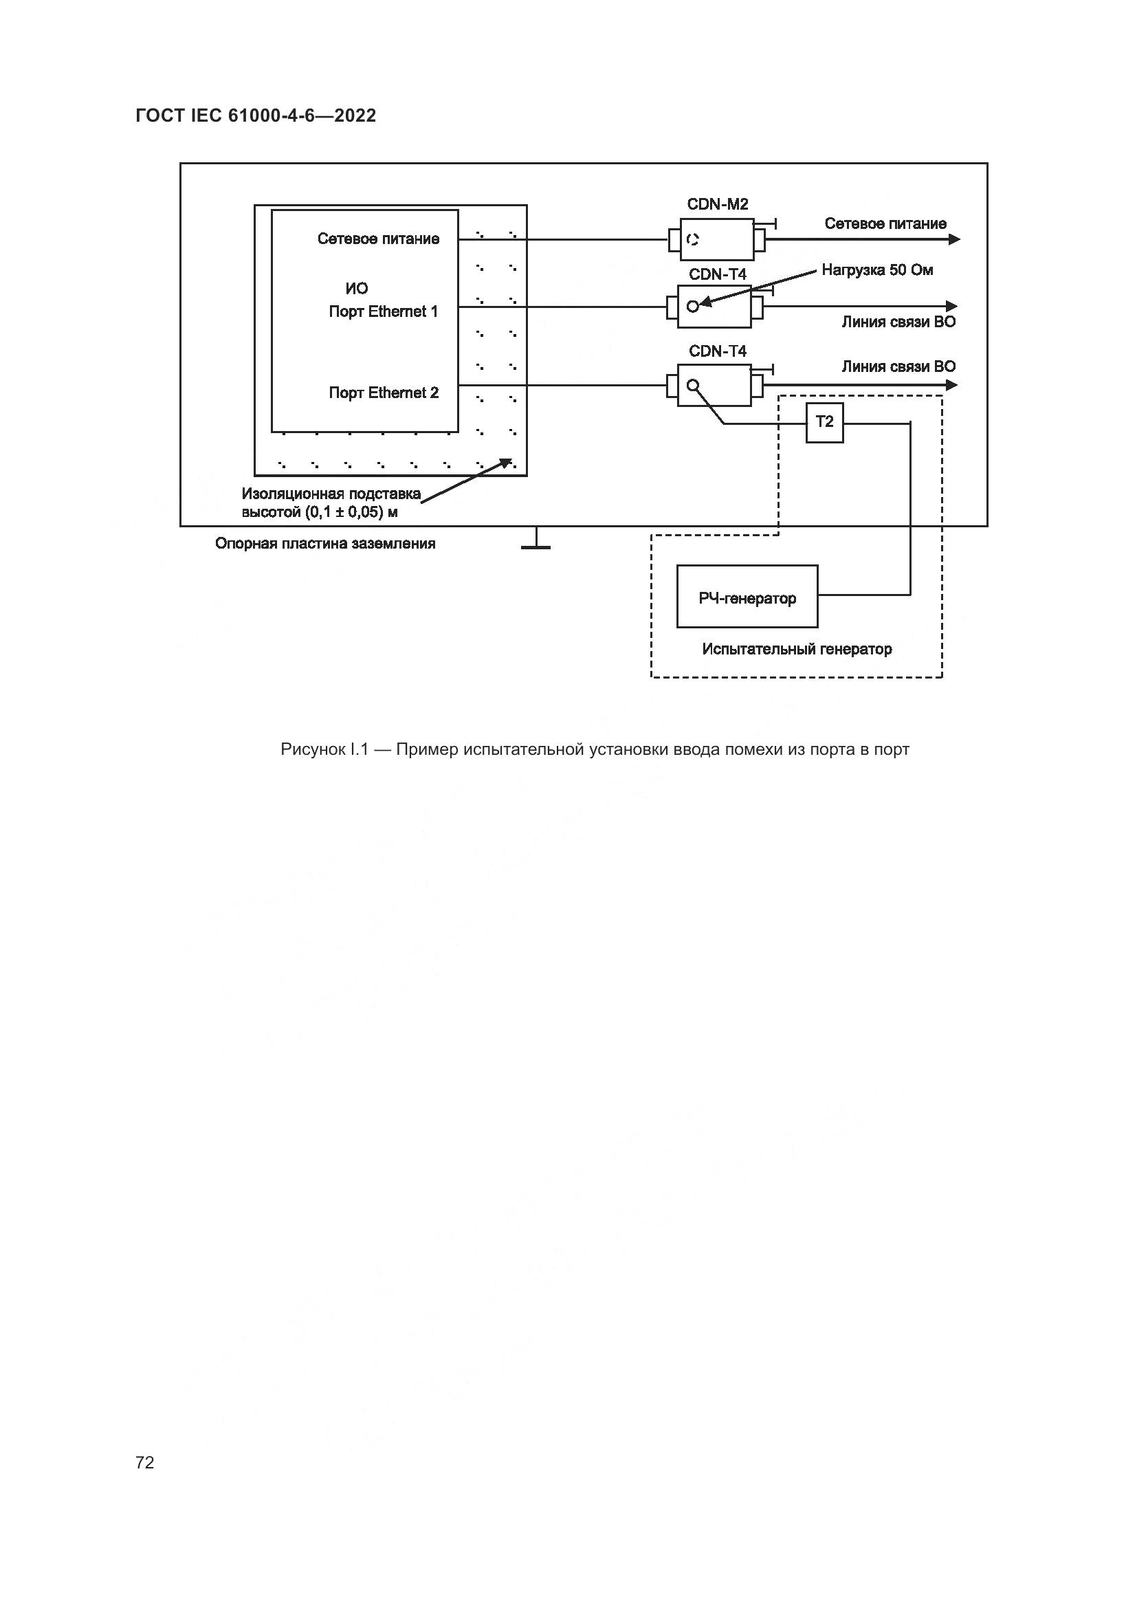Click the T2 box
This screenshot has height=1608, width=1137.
(824, 421)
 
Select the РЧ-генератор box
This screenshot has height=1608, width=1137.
(747, 597)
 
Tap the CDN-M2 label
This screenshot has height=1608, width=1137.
(717, 204)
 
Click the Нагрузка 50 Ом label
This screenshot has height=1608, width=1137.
(876, 270)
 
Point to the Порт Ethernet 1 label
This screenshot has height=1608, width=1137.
(383, 311)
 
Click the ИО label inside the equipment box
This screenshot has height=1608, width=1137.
(356, 289)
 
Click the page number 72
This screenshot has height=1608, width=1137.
(145, 1462)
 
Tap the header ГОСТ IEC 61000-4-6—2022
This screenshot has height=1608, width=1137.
(256, 116)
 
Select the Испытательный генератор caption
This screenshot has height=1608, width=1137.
(796, 649)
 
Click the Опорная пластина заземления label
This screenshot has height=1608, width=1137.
(325, 544)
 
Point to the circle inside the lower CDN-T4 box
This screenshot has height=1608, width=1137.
(692, 384)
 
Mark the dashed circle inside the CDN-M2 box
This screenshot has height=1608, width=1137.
(692, 239)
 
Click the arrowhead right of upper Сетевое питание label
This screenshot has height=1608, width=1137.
(953, 239)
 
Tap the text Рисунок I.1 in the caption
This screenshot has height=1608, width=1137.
(324, 749)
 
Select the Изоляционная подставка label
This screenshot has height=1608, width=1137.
(331, 494)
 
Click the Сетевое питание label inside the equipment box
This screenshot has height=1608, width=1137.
(378, 239)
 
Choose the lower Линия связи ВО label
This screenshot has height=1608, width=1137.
(898, 366)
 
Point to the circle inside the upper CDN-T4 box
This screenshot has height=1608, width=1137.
(692, 306)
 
